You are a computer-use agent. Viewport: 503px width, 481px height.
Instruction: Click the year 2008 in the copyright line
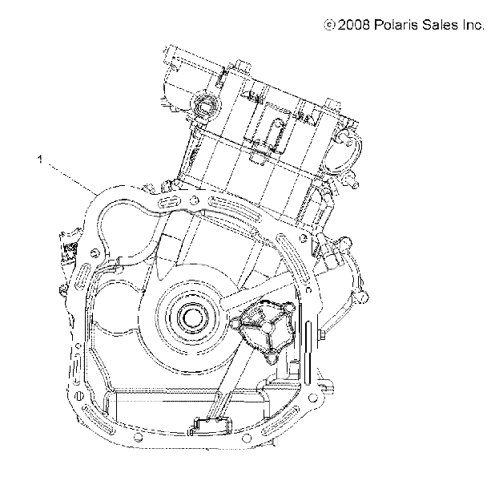(353, 25)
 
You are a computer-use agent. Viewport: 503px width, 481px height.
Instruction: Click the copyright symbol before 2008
(329, 25)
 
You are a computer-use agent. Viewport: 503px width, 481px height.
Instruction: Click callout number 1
(40, 159)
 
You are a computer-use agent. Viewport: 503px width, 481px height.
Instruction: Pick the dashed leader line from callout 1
(73, 180)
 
